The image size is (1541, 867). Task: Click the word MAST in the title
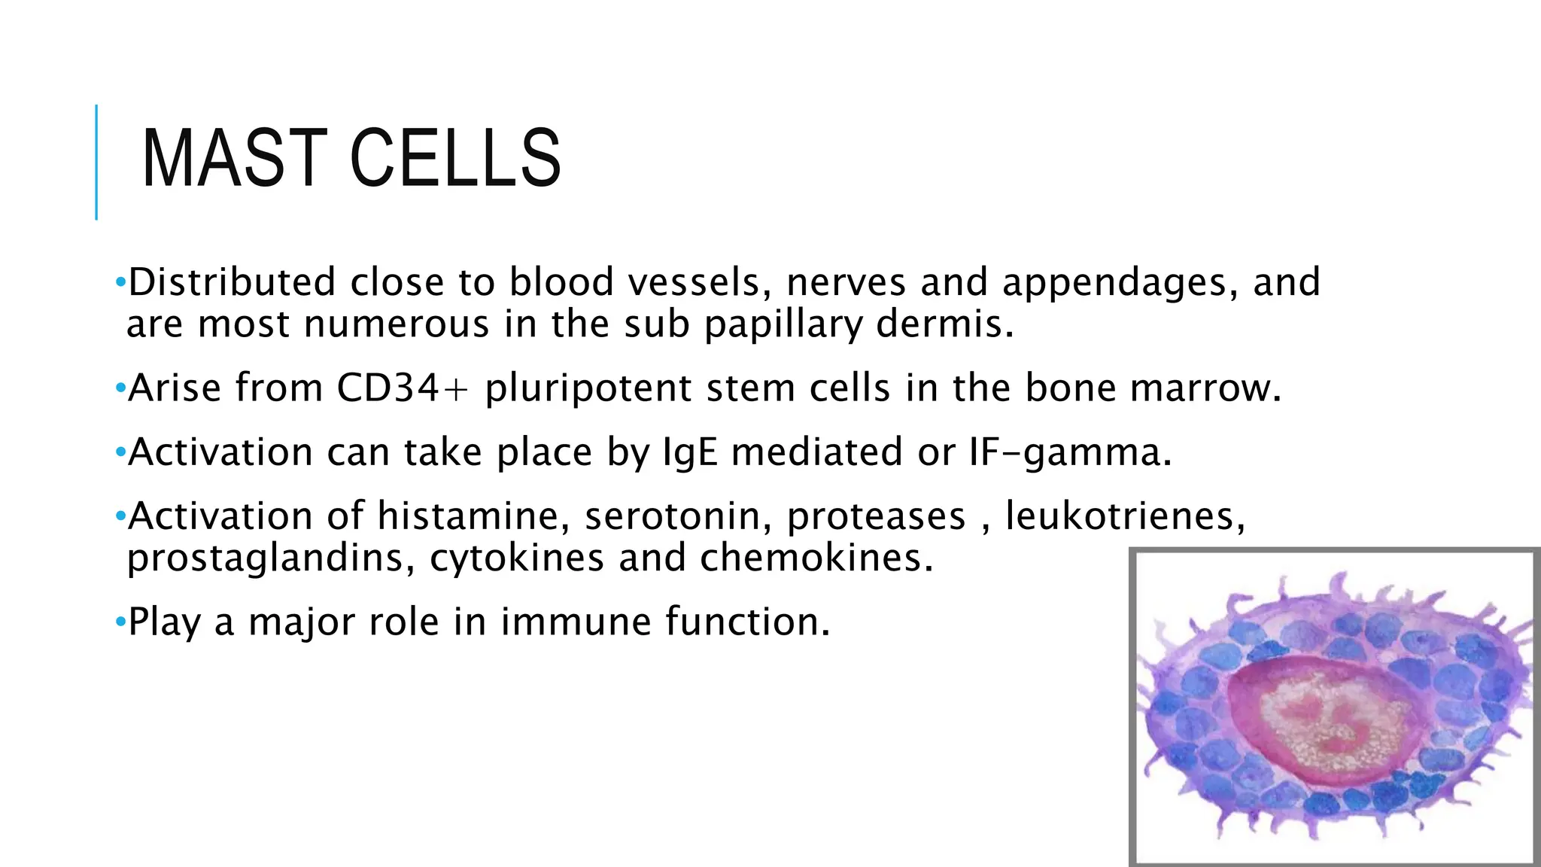pyautogui.click(x=234, y=158)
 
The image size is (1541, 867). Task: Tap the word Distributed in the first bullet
pyautogui.click(x=232, y=282)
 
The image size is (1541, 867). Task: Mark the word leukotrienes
pyautogui.click(x=1126, y=517)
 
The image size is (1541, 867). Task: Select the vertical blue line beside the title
pyautogui.click(x=96, y=162)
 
